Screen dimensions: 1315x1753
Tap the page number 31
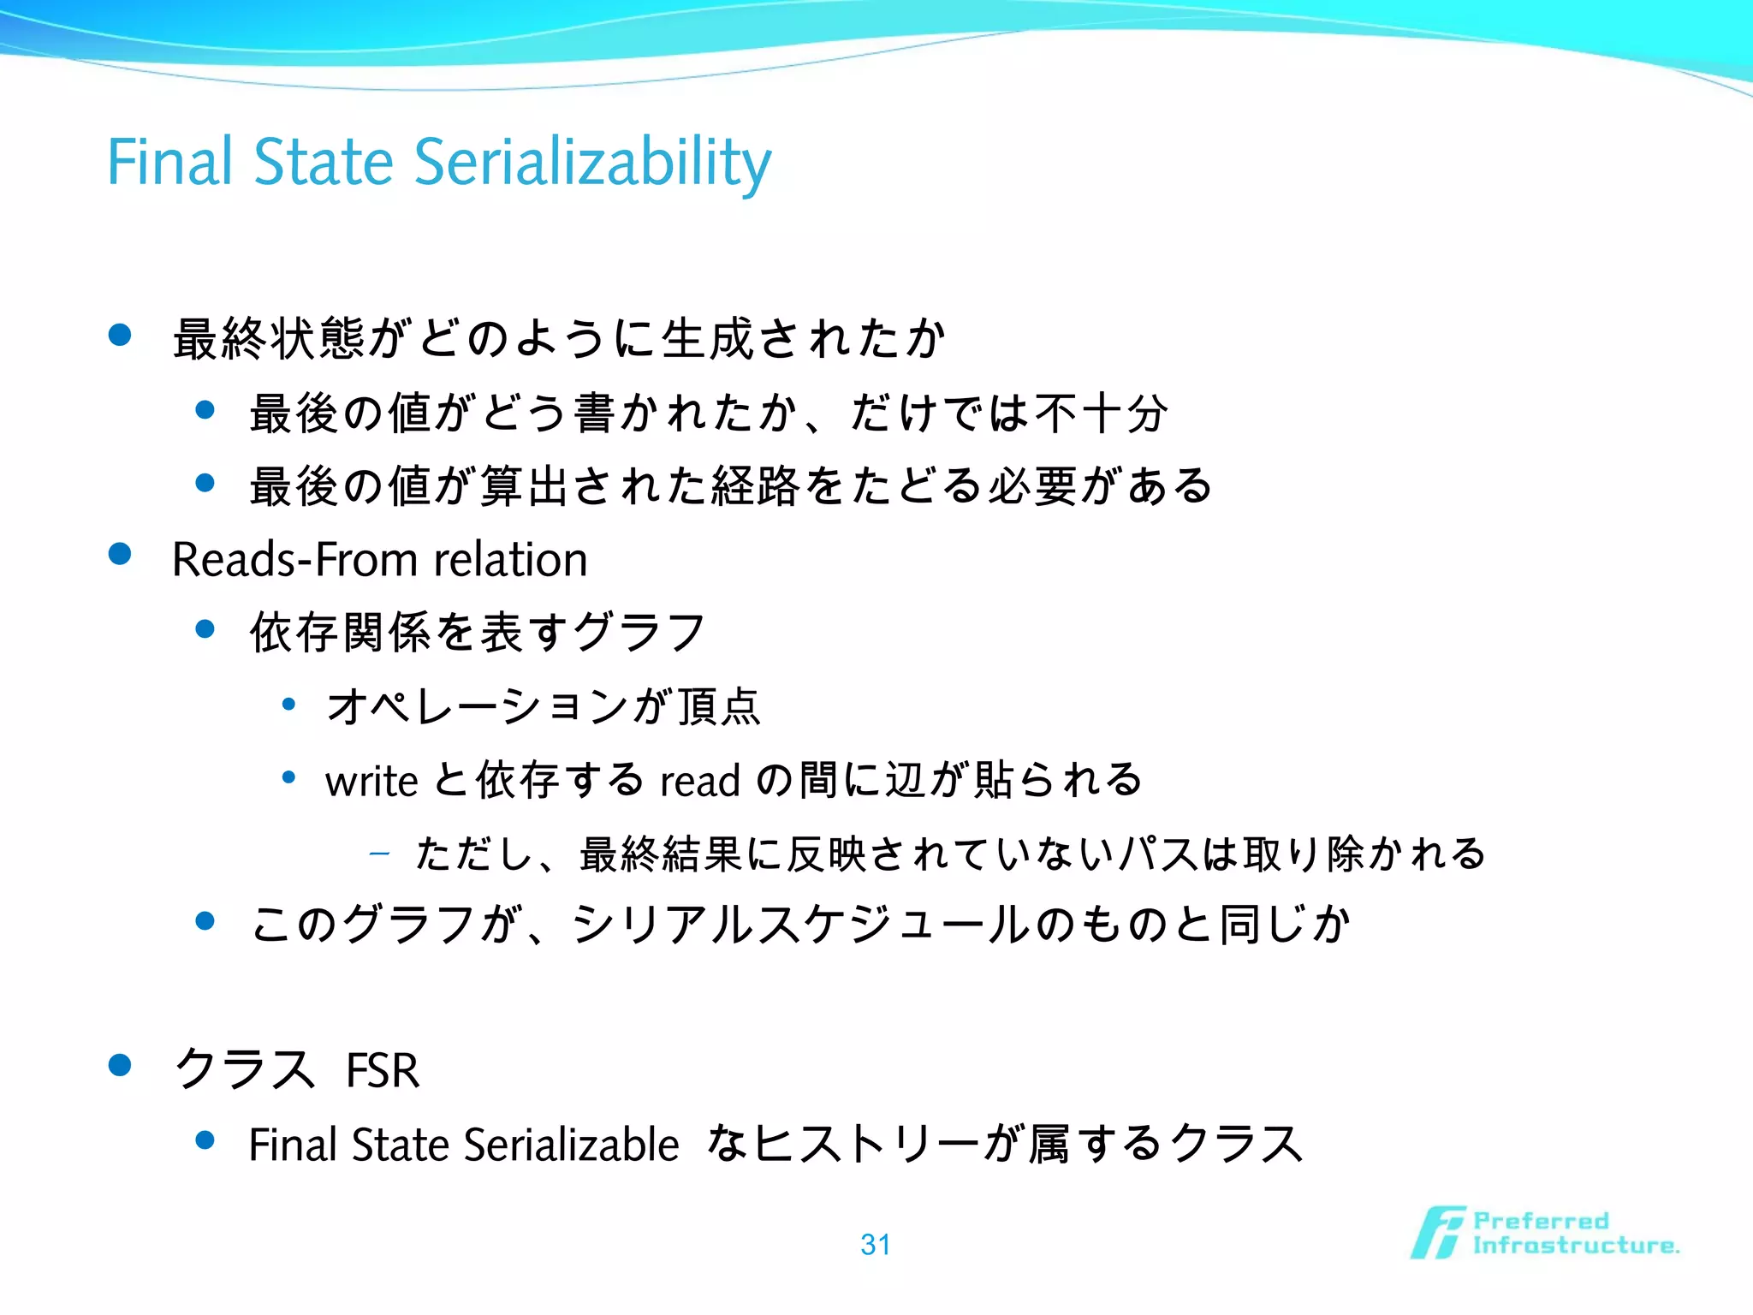(876, 1244)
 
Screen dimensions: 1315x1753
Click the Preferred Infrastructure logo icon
(1438, 1233)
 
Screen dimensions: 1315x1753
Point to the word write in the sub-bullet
(371, 781)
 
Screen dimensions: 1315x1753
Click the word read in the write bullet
(699, 781)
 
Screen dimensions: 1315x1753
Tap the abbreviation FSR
(383, 1070)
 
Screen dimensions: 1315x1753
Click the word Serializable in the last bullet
(571, 1145)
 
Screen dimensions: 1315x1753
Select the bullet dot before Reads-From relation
(120, 555)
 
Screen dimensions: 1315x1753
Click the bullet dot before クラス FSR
(120, 1065)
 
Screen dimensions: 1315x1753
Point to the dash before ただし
(379, 854)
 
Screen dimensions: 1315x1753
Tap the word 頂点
(717, 707)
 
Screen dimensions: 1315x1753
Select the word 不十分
(1101, 414)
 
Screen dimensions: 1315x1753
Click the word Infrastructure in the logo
(1575, 1246)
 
